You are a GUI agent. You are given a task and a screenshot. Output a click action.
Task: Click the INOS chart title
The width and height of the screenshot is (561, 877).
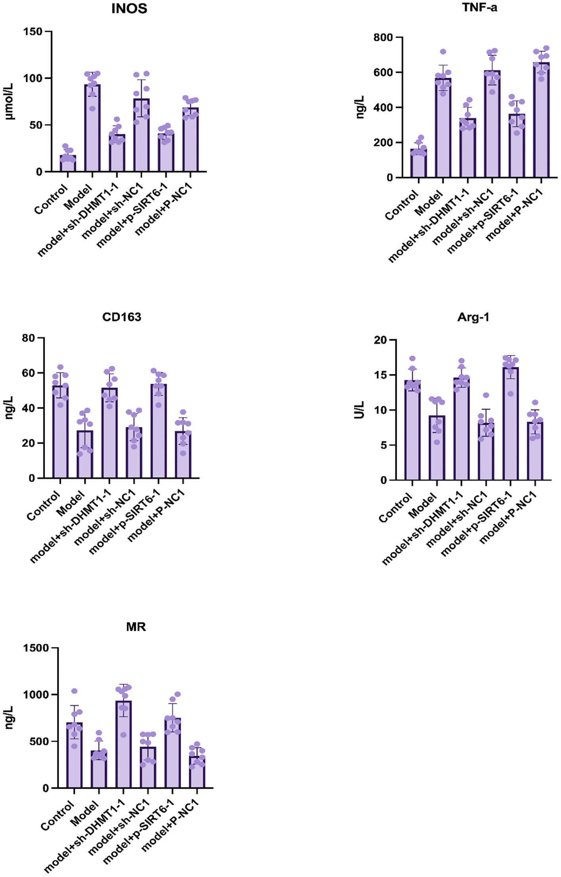click(x=129, y=9)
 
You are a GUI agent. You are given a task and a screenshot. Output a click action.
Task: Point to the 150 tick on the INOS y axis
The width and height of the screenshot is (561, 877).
click(x=33, y=32)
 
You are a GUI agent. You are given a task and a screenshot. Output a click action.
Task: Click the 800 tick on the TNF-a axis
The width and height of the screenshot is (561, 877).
click(x=383, y=38)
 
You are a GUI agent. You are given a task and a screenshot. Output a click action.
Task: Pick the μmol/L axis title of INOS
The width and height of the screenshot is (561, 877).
click(x=9, y=101)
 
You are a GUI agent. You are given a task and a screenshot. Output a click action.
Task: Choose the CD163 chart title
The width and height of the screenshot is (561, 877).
click(x=122, y=317)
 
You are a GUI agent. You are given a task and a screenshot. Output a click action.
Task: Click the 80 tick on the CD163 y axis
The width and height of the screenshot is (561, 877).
click(x=29, y=338)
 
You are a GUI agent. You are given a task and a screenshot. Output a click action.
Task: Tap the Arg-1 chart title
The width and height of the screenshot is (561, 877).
click(x=474, y=317)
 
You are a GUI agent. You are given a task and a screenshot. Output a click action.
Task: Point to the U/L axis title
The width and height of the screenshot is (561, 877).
click(x=359, y=410)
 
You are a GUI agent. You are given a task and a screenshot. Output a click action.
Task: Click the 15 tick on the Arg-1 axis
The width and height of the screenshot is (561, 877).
click(x=380, y=375)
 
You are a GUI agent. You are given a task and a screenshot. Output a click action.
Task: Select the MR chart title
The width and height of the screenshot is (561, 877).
click(x=136, y=627)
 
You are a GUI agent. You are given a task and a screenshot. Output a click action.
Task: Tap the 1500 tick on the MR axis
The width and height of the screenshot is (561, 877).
click(x=36, y=648)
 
